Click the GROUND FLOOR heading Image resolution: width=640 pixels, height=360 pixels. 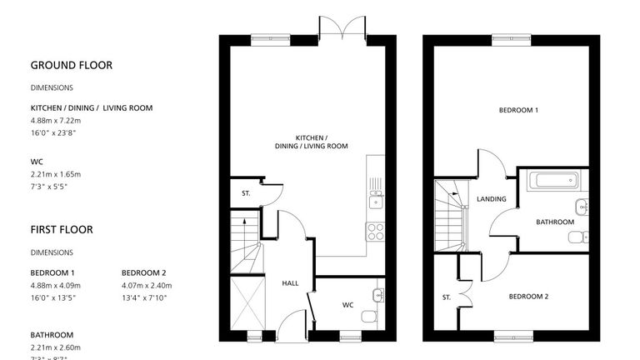coord(71,65)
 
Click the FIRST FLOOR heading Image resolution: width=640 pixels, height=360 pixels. coord(62,229)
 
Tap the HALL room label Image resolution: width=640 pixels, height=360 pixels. coord(290,283)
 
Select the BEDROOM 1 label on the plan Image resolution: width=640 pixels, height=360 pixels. coord(518,110)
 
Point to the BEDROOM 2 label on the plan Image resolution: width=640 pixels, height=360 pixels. coord(528,297)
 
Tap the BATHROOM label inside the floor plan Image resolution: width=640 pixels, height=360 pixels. coord(554,222)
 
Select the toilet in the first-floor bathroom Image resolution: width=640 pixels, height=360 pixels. coord(577,237)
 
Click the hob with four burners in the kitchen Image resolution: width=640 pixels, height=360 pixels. coord(375,231)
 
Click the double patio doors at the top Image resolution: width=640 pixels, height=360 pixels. coord(342,27)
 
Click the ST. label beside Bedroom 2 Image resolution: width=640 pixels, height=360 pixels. coord(447,297)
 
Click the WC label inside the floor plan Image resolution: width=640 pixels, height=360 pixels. coord(347,305)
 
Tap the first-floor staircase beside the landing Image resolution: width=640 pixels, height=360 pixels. coord(450,214)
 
